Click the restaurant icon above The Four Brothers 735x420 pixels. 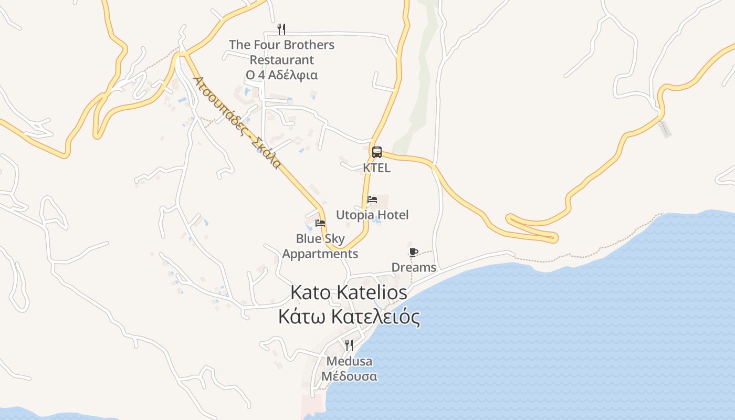(x=281, y=29)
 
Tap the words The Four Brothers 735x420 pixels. (x=281, y=45)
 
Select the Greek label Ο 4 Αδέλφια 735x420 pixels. (x=281, y=75)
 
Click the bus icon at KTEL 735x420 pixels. (x=376, y=152)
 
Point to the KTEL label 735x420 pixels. (x=376, y=168)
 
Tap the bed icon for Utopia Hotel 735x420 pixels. (x=372, y=199)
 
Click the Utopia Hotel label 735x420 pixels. (x=372, y=215)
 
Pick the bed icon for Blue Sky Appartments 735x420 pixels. (x=320, y=223)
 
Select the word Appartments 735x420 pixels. (x=320, y=254)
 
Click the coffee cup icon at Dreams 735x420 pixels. (x=413, y=252)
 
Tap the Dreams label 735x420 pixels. (x=414, y=268)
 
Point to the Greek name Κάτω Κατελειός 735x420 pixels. (x=349, y=317)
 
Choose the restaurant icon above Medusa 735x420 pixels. (x=349, y=345)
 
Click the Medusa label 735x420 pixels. (x=349, y=361)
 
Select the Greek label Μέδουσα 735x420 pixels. (x=349, y=376)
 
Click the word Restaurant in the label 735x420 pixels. (x=281, y=60)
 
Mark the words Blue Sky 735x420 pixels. (x=320, y=239)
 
